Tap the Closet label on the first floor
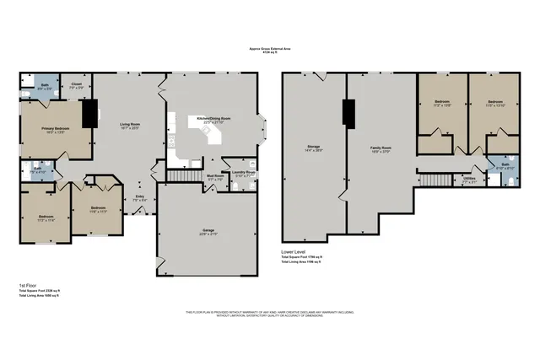coord(75,84)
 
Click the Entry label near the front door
coord(139,197)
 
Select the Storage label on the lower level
coord(313,147)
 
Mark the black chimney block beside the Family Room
coord(345,112)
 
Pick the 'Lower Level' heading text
coord(294,252)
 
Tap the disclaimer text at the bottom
coord(269,314)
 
